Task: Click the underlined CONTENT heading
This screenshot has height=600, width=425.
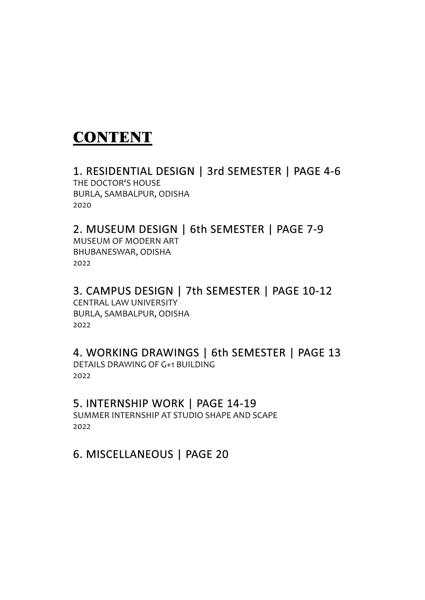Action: pos(112,137)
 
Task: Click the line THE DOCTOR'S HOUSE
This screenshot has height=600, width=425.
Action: pos(117,183)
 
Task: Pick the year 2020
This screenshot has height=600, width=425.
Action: pos(82,205)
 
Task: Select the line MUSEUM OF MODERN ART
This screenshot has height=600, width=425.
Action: pos(126,241)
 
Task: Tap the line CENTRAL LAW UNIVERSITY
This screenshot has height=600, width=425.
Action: pos(125,303)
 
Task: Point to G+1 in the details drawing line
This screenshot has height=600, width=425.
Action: pos(167,364)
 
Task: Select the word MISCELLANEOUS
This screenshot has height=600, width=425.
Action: pos(130,454)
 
